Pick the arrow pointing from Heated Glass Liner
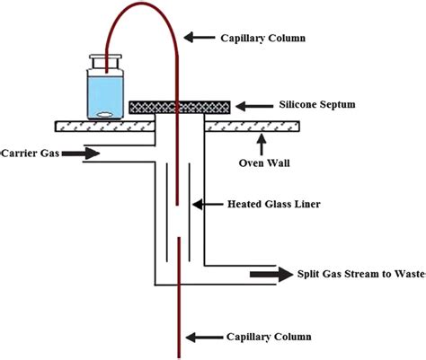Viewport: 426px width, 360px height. (x=213, y=205)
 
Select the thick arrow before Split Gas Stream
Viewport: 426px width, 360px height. (x=270, y=273)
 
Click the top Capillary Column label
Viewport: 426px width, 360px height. (x=263, y=38)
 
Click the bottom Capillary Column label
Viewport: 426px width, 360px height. (x=264, y=337)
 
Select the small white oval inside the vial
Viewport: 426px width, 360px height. (x=106, y=113)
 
